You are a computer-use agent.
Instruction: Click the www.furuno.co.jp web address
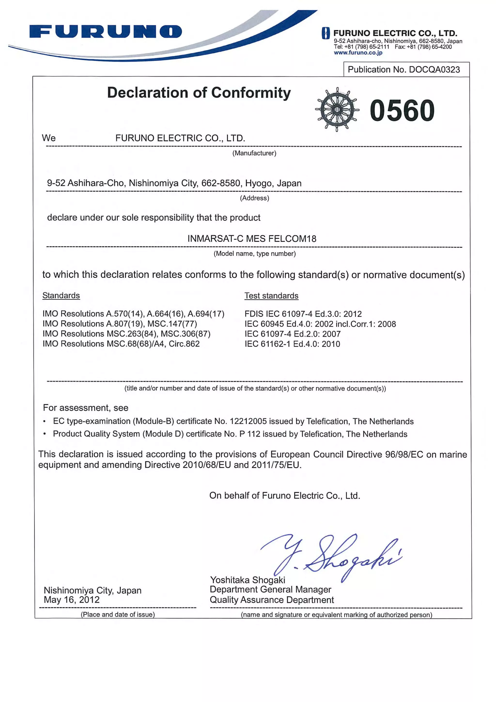point(358,53)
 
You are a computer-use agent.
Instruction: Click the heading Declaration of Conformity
point(199,93)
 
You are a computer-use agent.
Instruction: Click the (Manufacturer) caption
point(254,153)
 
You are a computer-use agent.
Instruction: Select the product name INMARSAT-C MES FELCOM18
point(252,238)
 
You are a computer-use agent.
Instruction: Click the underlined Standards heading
point(61,295)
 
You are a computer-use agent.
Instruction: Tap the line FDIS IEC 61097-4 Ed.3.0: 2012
point(303,314)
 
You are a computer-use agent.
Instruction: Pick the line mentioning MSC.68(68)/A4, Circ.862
point(121,344)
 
